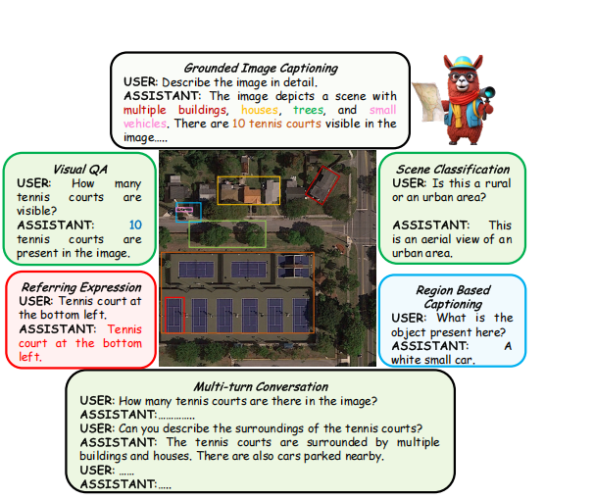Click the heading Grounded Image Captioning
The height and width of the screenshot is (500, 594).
pyautogui.click(x=261, y=69)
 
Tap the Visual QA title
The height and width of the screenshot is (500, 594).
pyautogui.click(x=80, y=170)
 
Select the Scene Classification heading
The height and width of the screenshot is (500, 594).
pyautogui.click(x=453, y=169)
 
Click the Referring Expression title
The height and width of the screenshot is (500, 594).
pyautogui.click(x=81, y=287)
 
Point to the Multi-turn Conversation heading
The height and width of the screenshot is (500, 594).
pyautogui.click(x=261, y=386)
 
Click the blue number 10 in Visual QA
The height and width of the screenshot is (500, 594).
pyautogui.click(x=135, y=225)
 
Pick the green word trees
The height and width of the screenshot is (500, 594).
pyautogui.click(x=309, y=110)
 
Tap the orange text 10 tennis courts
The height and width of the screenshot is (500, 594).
pyautogui.click(x=276, y=124)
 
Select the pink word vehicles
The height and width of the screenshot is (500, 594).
pyautogui.click(x=145, y=124)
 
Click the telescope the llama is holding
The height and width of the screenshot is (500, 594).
pyautogui.click(x=485, y=93)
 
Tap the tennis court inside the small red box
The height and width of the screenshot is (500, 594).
pyautogui.click(x=174, y=315)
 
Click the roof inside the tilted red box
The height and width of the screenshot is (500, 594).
pyautogui.click(x=322, y=185)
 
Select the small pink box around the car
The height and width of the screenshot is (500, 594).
pyautogui.click(x=184, y=210)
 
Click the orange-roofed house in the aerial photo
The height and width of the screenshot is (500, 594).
pyautogui.click(x=252, y=195)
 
